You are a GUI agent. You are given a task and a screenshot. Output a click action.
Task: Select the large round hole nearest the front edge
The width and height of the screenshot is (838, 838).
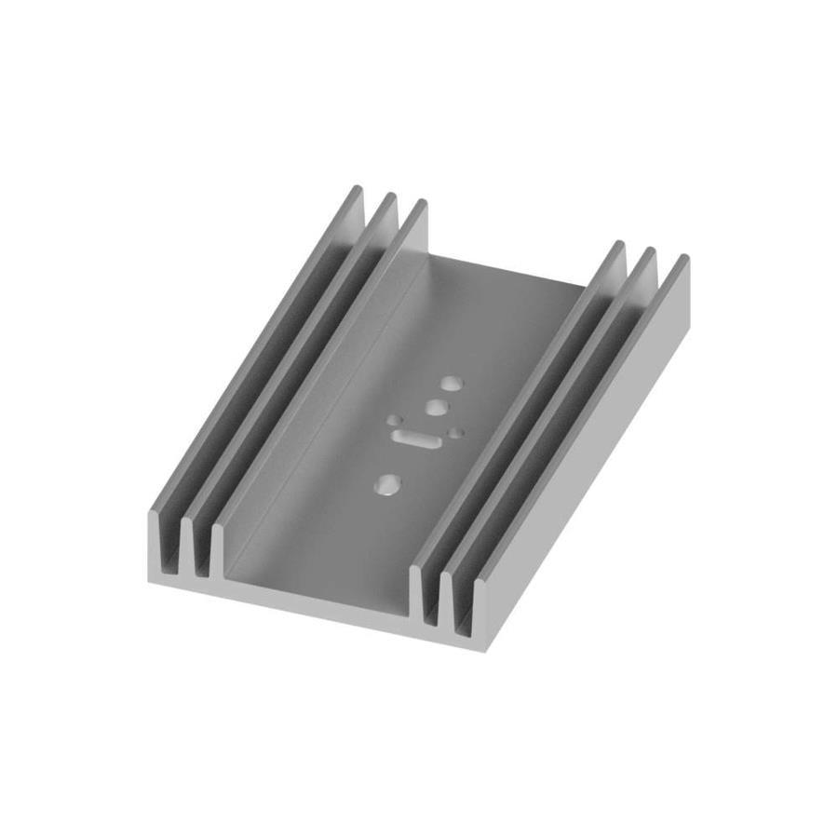(x=385, y=483)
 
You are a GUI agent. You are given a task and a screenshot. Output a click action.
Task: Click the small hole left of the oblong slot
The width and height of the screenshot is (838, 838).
(x=395, y=421)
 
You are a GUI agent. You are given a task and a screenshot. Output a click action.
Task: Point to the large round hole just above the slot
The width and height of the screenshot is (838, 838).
(x=435, y=407)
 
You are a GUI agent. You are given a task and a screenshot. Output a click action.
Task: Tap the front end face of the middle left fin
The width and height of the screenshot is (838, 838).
(x=187, y=549)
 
